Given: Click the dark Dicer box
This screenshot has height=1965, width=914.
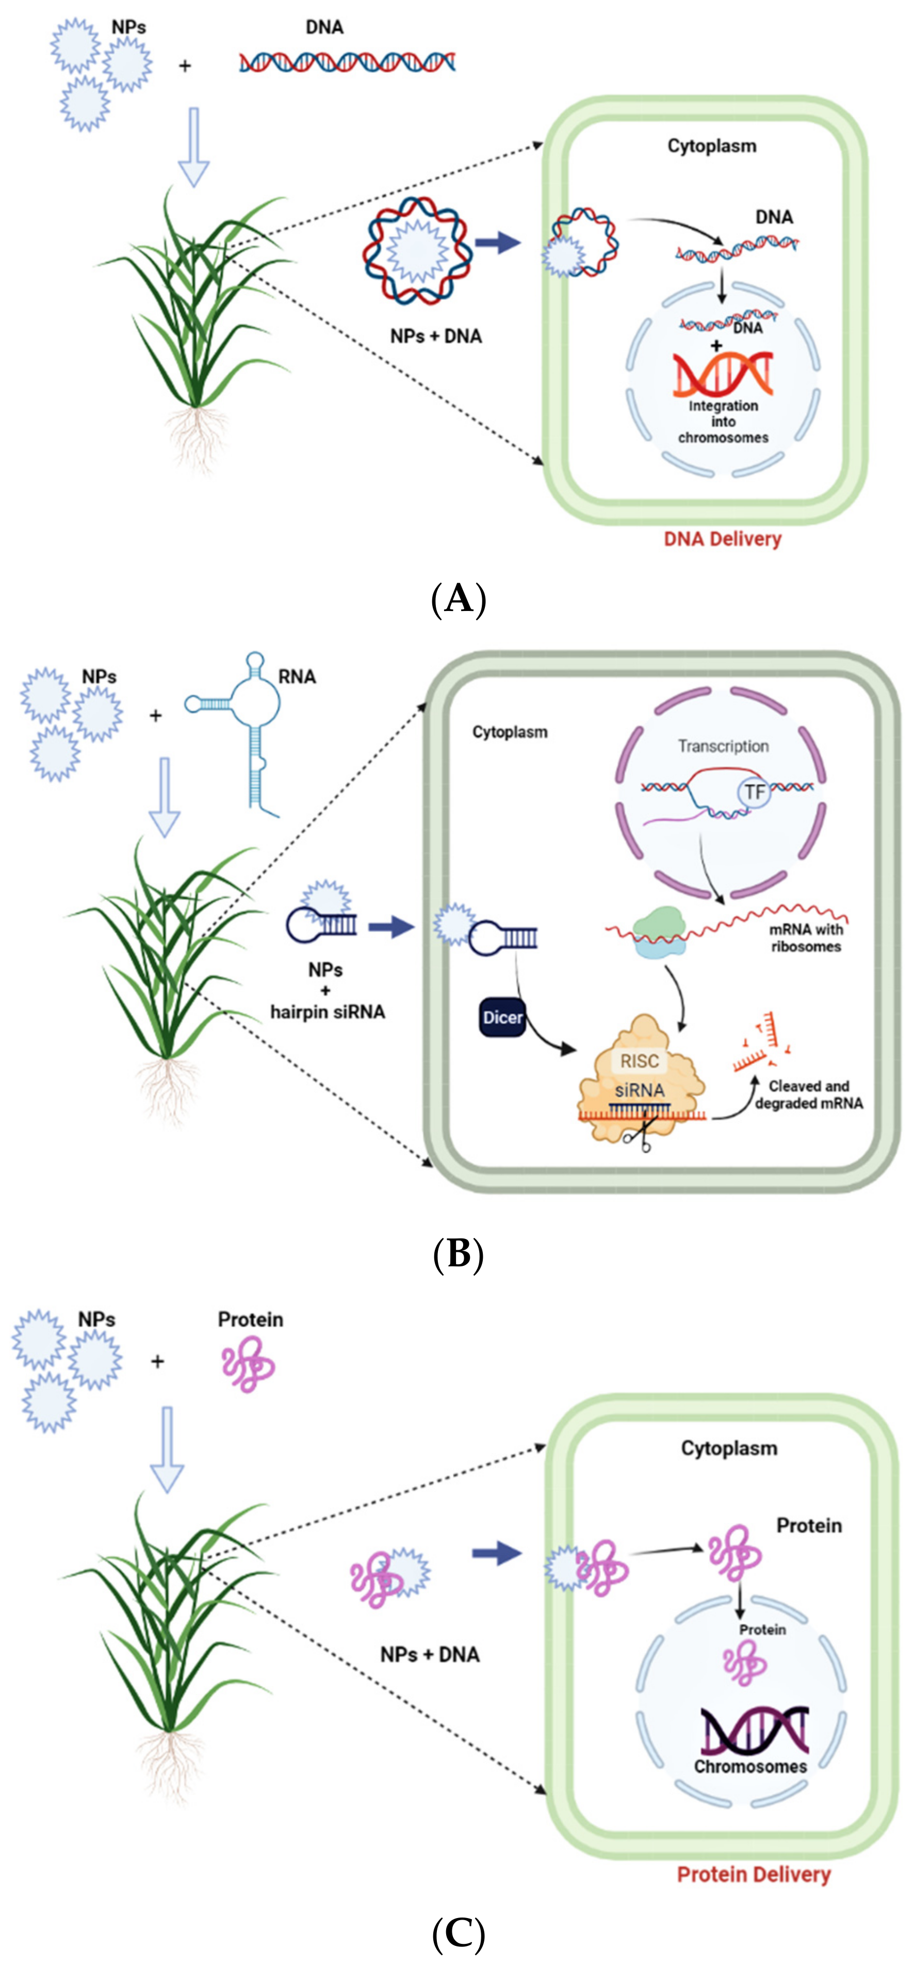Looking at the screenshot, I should [x=502, y=1017].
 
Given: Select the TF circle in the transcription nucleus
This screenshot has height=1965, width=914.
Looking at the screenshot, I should [x=754, y=793].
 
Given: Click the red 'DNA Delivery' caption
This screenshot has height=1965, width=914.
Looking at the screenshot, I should [x=722, y=539].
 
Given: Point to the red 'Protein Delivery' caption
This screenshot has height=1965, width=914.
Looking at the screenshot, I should [x=753, y=1874].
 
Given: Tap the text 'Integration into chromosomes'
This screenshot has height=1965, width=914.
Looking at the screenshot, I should [x=723, y=422].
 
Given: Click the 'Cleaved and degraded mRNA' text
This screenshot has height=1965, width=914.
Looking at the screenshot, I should [x=808, y=1094].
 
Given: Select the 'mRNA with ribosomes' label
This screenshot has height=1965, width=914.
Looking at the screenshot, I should [x=806, y=938].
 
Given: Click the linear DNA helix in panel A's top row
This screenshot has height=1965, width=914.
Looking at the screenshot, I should [x=347, y=62].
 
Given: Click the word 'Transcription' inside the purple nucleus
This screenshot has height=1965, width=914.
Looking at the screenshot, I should [x=723, y=746].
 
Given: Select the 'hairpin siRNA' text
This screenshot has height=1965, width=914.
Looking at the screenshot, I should [x=327, y=1012].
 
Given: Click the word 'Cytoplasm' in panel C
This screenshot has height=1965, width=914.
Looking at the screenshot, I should [x=729, y=1448].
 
